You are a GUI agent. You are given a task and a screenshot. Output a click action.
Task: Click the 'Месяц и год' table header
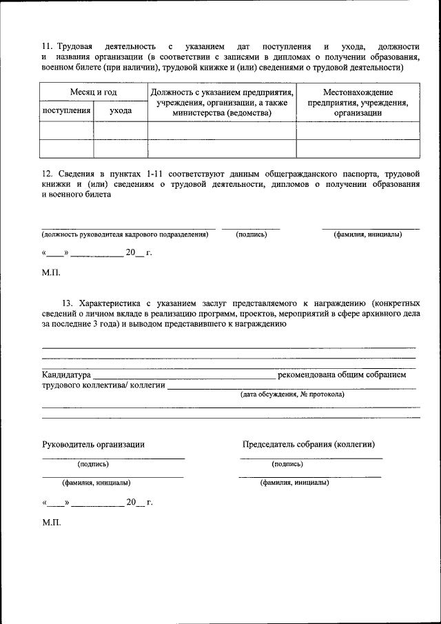click(93, 92)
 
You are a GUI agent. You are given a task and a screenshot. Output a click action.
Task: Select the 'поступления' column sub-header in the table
click(66, 110)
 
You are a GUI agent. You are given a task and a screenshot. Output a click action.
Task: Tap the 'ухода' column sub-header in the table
click(121, 110)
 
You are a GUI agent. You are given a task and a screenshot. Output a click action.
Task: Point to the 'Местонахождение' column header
click(358, 92)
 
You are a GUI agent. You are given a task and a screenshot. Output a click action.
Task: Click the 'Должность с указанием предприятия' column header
click(222, 92)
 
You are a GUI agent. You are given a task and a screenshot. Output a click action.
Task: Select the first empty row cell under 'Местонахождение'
click(358, 130)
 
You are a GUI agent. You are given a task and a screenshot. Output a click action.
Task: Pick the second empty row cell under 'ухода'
click(121, 148)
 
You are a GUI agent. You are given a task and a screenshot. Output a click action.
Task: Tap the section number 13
click(68, 303)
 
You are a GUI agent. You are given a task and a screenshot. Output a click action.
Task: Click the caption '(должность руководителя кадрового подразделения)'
click(125, 234)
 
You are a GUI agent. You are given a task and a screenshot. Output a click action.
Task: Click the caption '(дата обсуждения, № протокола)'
click(292, 394)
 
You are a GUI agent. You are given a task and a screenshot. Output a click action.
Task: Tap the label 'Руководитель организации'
click(93, 445)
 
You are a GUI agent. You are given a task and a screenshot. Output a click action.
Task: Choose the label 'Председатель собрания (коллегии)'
click(309, 445)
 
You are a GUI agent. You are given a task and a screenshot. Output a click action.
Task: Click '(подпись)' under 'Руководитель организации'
click(93, 464)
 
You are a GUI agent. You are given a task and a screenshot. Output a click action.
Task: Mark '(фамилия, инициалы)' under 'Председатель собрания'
click(294, 483)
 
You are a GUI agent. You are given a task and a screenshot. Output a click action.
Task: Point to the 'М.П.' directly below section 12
click(52, 272)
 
